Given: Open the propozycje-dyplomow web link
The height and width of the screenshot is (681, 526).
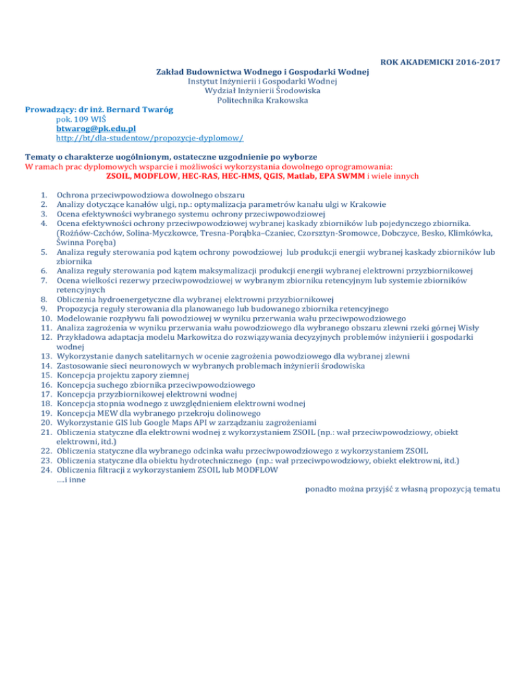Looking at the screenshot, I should tap(150, 138).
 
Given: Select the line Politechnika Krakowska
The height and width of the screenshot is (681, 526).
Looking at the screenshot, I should tap(262, 100).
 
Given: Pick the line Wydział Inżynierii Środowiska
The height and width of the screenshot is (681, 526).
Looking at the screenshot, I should tap(262, 90).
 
